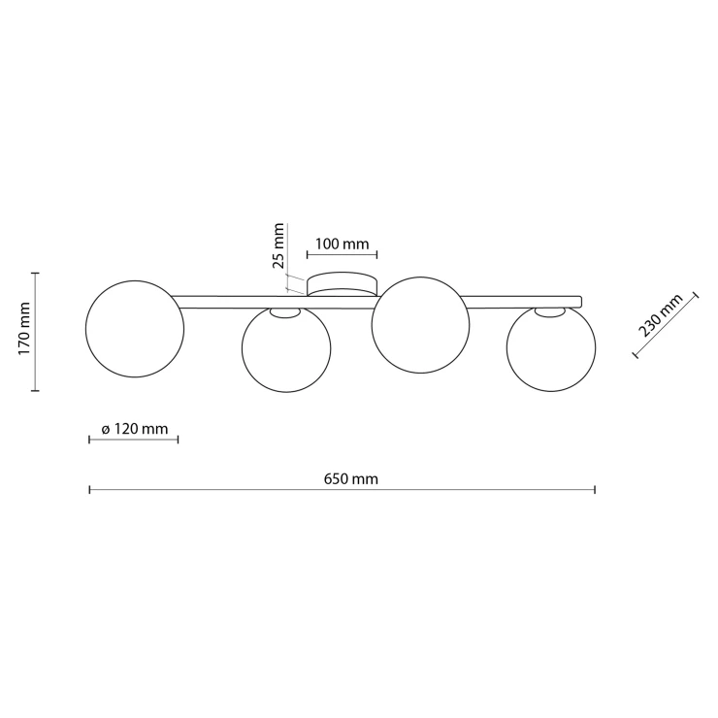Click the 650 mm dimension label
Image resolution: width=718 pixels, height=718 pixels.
tap(351, 479)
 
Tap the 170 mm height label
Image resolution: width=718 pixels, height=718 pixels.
tap(24, 328)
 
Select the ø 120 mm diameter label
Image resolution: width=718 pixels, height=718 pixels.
tap(134, 429)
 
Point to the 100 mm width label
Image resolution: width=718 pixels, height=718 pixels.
tap(343, 245)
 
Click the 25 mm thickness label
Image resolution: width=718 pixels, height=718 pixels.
tap(277, 245)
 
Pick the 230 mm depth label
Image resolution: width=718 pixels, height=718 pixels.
tap(661, 315)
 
